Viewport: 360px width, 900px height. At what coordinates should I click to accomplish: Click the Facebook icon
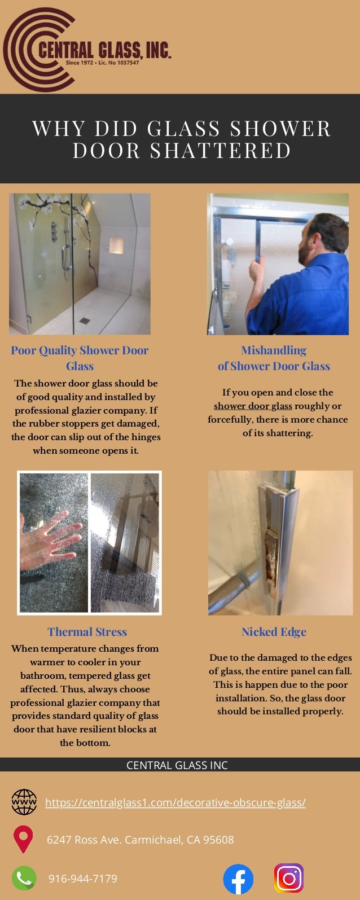coord(238,879)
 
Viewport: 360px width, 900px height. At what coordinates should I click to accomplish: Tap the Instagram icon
coord(289,878)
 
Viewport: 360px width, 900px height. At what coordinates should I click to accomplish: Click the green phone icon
coord(24,878)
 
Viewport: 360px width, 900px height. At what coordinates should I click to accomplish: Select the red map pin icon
coord(23,839)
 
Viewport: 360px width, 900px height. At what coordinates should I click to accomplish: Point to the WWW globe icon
coord(24,802)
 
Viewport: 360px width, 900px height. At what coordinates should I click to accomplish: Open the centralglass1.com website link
coord(175,802)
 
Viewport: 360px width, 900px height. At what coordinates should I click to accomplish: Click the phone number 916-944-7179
coord(83,879)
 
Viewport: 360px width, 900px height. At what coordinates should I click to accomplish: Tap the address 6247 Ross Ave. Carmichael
coord(140,840)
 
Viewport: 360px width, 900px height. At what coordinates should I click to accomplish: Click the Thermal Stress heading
coord(87,632)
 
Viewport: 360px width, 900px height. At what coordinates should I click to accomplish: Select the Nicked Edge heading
coord(274,632)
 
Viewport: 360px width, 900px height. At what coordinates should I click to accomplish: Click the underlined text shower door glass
coord(253,406)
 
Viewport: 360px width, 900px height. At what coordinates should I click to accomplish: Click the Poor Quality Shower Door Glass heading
coord(80,358)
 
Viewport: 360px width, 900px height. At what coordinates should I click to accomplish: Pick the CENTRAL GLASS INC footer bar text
coord(177,765)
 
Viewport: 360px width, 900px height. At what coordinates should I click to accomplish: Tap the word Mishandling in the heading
coord(274,350)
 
